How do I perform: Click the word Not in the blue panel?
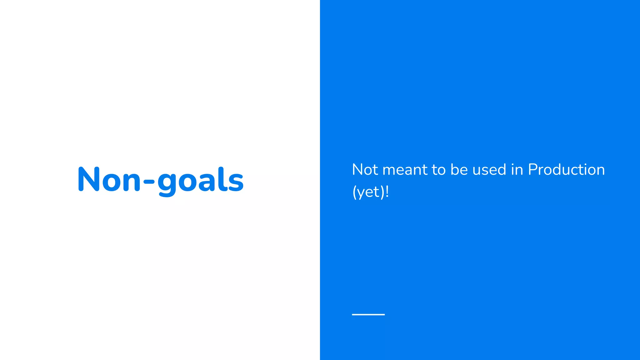click(x=365, y=170)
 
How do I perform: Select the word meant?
click(x=405, y=170)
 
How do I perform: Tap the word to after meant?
click(x=439, y=170)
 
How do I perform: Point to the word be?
click(x=459, y=170)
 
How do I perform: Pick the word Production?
click(x=566, y=170)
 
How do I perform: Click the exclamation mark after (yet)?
click(x=387, y=191)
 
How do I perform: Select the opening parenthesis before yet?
click(x=354, y=192)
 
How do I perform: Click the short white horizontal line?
click(x=368, y=314)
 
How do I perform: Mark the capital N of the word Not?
click(x=357, y=170)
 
